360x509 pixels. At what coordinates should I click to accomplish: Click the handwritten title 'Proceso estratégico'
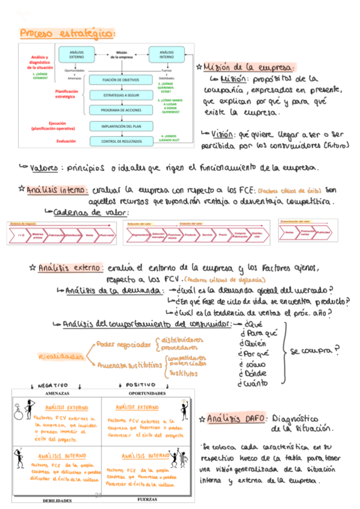click(x=67, y=34)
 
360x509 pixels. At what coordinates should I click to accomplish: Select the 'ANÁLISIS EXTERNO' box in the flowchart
click(x=77, y=55)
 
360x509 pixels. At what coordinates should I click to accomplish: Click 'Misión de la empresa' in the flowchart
click(x=122, y=55)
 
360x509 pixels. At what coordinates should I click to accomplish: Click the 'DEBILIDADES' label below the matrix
click(x=57, y=499)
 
